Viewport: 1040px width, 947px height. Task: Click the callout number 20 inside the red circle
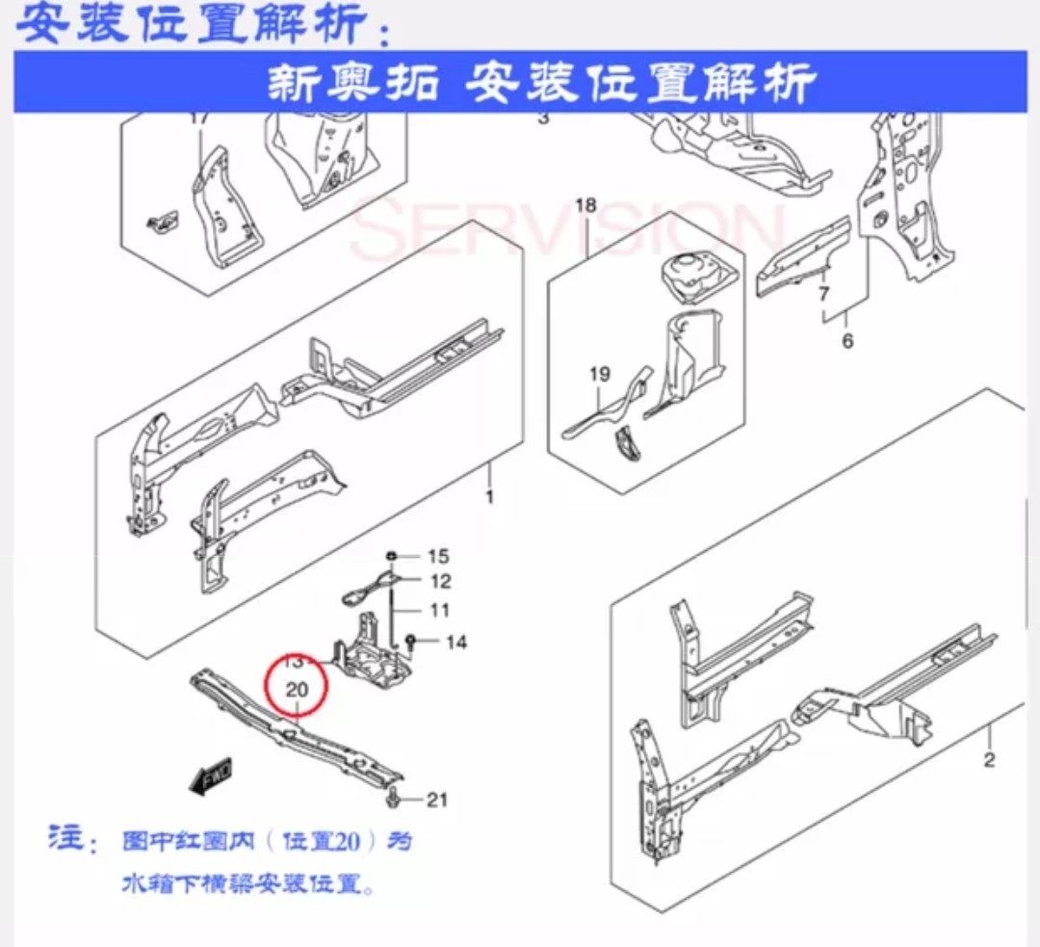[297, 690]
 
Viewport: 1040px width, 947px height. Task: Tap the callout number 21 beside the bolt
[438, 799]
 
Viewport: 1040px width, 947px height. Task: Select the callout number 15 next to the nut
[438, 556]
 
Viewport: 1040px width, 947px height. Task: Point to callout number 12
[439, 581]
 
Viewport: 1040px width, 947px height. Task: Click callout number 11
[439, 610]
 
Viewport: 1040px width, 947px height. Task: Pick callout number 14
[455, 641]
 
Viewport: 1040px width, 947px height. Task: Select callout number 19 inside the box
[599, 374]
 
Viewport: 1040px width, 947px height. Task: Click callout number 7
[823, 294]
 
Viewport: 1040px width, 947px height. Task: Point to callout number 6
[847, 340]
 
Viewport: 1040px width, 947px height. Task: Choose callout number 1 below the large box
[489, 497]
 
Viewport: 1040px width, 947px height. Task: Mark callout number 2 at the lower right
[989, 761]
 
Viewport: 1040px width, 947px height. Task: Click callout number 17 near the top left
[199, 119]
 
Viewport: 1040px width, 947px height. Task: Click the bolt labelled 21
[397, 798]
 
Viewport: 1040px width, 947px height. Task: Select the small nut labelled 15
[392, 556]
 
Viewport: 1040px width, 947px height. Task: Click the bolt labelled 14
[411, 640]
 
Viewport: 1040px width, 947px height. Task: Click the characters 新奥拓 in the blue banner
[352, 84]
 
